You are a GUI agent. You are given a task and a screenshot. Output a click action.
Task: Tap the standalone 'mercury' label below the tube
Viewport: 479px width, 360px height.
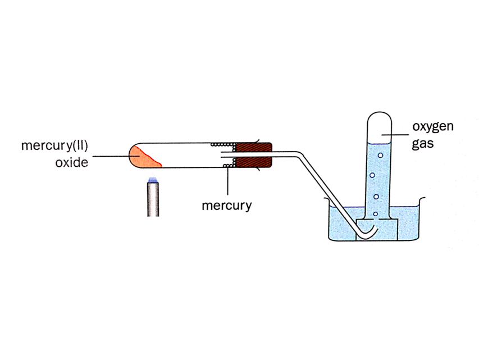pyautogui.click(x=226, y=206)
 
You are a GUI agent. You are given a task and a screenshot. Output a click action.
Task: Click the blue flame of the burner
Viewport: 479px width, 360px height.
pyautogui.click(x=152, y=180)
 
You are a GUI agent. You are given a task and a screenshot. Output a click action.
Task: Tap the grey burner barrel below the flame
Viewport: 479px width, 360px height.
pyautogui.click(x=152, y=200)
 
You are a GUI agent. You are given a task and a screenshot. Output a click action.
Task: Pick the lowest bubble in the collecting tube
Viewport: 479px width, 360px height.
pyautogui.click(x=375, y=214)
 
